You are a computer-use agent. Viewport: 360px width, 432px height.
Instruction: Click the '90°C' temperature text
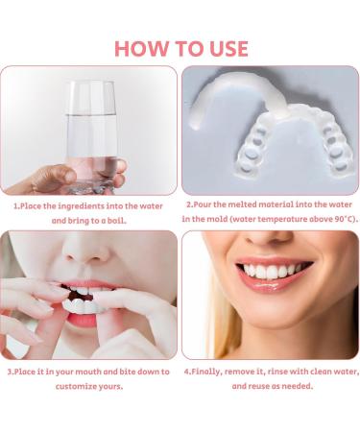tap(339, 220)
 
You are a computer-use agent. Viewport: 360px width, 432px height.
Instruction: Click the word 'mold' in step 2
tap(221, 220)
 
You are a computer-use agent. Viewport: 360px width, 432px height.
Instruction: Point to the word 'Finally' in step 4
tap(209, 371)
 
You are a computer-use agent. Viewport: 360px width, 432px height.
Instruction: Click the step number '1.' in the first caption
tap(15, 205)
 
